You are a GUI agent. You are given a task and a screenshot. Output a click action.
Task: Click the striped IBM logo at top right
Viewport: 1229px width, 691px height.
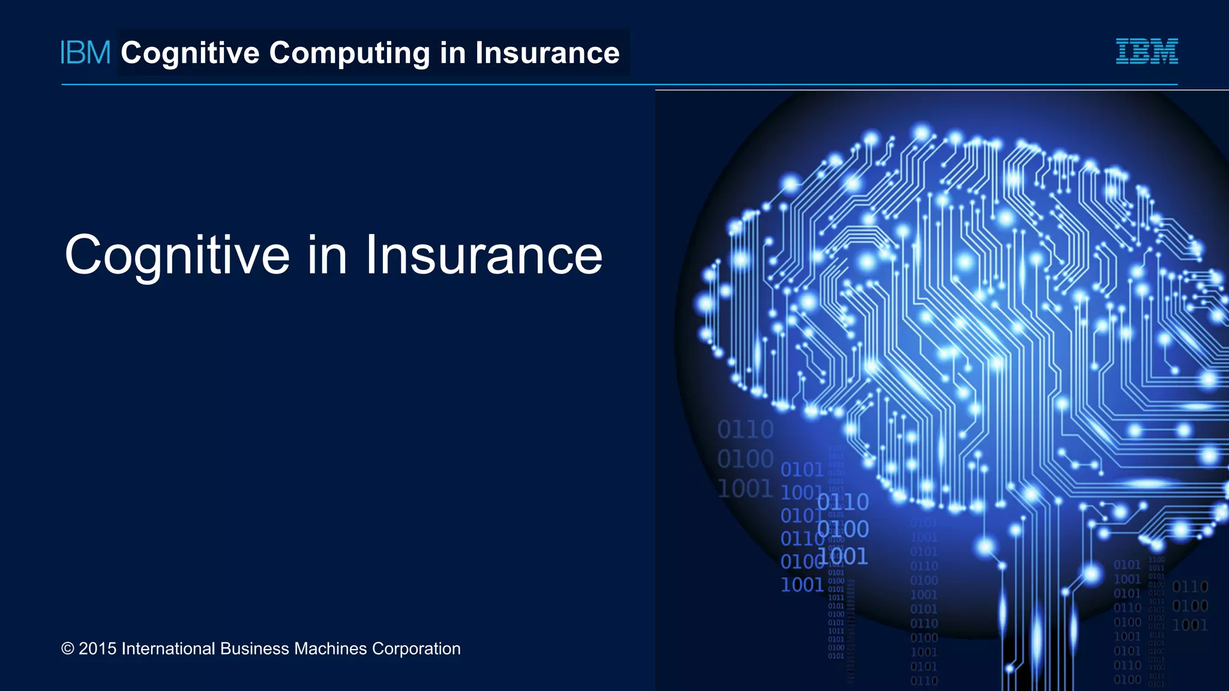coord(1147,52)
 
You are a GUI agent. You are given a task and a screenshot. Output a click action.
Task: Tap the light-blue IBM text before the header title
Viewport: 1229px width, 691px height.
coord(86,53)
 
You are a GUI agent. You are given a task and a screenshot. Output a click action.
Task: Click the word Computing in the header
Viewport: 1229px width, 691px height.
coord(349,53)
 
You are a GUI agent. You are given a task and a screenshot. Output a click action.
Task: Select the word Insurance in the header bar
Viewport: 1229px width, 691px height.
coord(547,53)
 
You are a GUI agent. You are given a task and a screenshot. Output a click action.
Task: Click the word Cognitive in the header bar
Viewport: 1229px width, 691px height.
coord(190,53)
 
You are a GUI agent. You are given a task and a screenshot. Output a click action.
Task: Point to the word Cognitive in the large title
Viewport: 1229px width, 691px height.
coord(178,256)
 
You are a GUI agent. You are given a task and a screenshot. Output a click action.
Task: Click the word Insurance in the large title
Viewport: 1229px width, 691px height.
coord(484,256)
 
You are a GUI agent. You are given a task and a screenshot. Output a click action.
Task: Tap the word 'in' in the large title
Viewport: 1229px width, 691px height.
coord(328,256)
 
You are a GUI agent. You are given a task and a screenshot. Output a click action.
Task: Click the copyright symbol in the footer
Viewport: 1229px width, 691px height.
coord(68,649)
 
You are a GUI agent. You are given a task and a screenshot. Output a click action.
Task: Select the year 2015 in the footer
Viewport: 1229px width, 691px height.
coord(97,649)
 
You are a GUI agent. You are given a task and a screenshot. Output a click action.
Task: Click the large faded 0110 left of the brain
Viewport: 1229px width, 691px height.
coord(745,429)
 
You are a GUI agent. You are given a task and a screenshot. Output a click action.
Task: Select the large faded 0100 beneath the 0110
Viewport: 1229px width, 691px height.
coord(745,459)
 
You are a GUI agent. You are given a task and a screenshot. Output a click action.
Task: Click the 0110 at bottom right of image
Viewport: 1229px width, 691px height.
coord(1190,587)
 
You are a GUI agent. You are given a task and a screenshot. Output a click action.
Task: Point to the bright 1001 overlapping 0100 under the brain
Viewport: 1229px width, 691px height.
coord(843,557)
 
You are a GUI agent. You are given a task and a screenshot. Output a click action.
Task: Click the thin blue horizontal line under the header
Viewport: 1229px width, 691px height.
coord(360,85)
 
